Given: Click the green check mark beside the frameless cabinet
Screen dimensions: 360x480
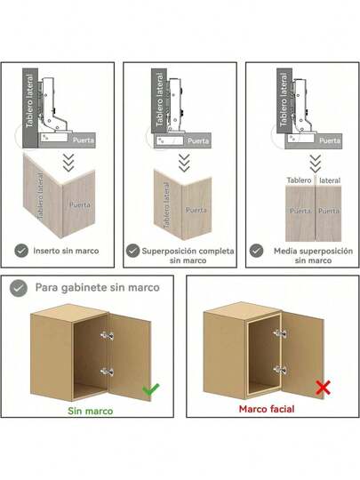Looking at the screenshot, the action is (x=150, y=388).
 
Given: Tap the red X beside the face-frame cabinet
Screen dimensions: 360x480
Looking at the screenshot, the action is (x=323, y=388).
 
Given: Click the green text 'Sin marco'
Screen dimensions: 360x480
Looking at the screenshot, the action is (x=91, y=411).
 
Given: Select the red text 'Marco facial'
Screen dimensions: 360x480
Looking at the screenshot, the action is (x=267, y=409).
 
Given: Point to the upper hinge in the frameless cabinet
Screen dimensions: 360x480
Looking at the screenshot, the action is (x=107, y=335).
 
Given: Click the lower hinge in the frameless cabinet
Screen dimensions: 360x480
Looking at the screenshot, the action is (x=107, y=372).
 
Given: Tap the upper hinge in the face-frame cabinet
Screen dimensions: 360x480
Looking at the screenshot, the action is (x=280, y=333).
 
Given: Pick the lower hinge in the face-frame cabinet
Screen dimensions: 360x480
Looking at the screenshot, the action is (x=280, y=370).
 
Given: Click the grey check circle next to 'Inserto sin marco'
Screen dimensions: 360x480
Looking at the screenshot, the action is (x=21, y=251).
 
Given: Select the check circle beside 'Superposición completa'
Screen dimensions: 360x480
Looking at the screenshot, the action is (x=132, y=251).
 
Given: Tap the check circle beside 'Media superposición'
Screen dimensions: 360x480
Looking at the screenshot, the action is (x=257, y=251).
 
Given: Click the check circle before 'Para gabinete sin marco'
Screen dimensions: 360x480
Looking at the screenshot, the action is (x=19, y=288).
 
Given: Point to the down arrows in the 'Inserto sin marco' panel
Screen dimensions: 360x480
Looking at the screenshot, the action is (x=68, y=163).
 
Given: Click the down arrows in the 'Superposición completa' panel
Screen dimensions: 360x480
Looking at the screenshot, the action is (x=184, y=163).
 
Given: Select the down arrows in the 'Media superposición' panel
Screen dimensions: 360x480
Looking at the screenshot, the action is (x=316, y=164).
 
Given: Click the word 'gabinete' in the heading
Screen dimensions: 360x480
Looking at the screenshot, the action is (x=84, y=288).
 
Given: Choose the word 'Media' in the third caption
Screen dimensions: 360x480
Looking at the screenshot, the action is (x=285, y=251).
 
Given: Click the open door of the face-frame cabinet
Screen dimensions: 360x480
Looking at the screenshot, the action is (x=302, y=355).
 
